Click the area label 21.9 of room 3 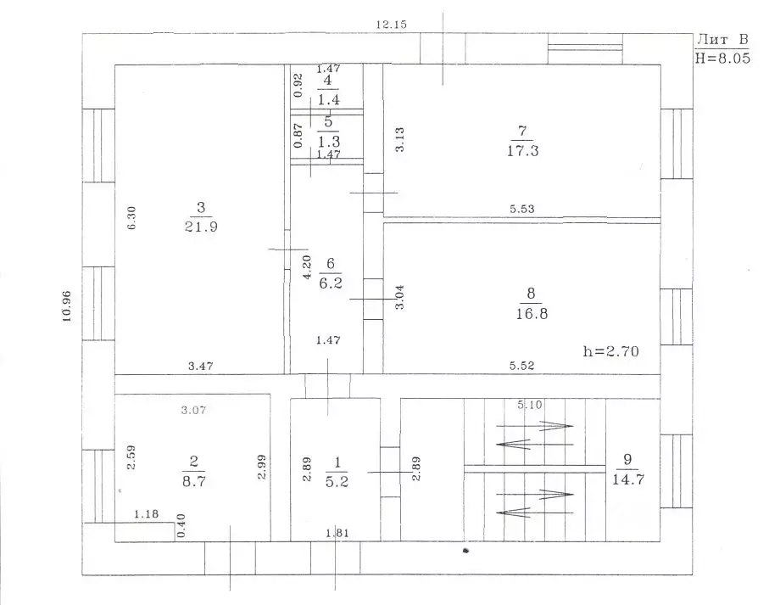(x=201, y=227)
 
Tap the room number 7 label (x=522, y=131)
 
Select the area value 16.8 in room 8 (x=532, y=313)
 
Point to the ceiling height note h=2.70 (x=611, y=350)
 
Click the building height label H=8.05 (x=722, y=58)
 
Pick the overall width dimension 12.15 (x=392, y=24)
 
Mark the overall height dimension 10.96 (x=67, y=306)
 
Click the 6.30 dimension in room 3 (x=131, y=218)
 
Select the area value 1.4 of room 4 (x=328, y=100)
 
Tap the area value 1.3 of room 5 (x=328, y=142)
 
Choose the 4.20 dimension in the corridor (x=307, y=267)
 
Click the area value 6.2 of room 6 (x=331, y=283)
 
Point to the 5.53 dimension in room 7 (x=521, y=209)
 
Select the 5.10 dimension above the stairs (x=530, y=404)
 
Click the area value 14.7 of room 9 (x=628, y=479)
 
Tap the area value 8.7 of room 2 (x=194, y=481)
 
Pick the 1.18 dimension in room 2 (x=146, y=513)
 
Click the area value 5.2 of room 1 (x=337, y=481)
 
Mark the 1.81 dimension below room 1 (x=337, y=533)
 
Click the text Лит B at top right (x=723, y=39)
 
